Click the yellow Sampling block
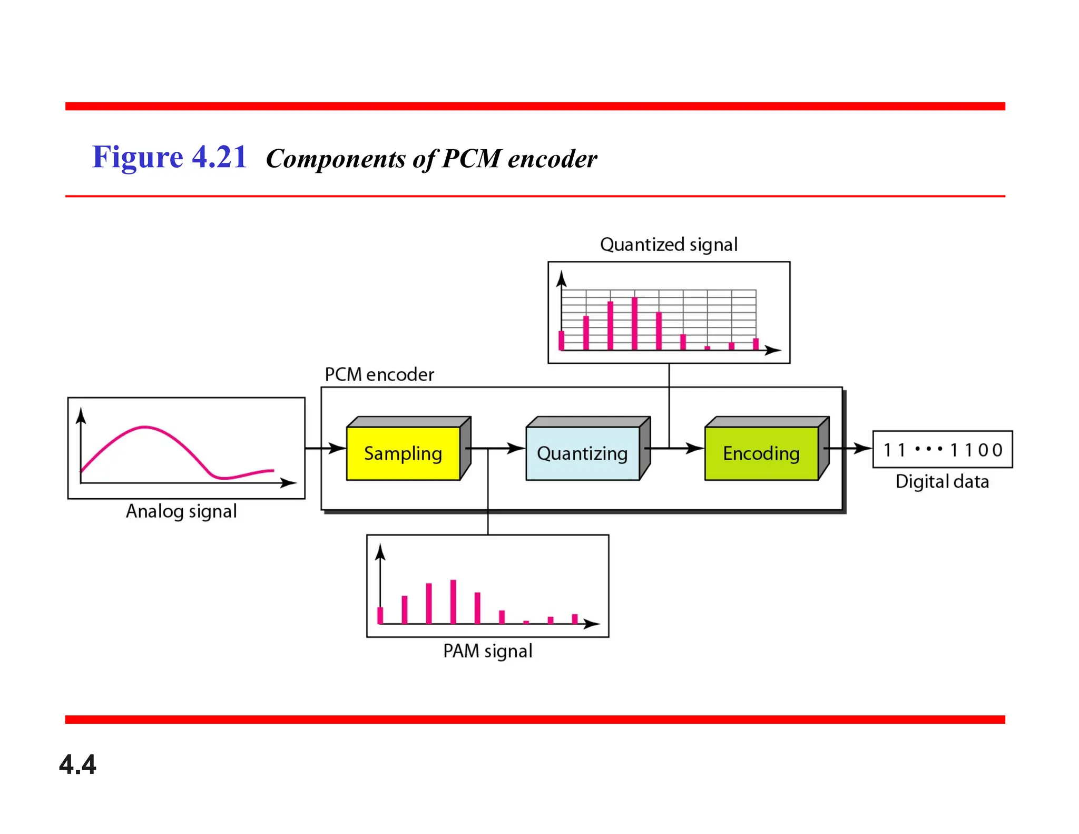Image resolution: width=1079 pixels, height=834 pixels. point(403,453)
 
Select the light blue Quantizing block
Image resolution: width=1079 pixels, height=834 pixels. point(582,453)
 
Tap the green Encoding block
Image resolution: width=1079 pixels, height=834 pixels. point(761,453)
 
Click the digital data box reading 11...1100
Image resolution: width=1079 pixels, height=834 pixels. point(943,450)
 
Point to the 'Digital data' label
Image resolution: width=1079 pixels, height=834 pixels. point(942,482)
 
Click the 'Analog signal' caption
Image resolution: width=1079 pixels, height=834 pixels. point(181,511)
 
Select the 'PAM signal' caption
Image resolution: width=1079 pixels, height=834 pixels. point(487,651)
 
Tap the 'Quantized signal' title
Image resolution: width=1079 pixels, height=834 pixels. point(669,245)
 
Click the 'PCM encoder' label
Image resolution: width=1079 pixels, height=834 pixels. point(379,375)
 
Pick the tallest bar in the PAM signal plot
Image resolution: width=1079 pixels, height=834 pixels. point(453,602)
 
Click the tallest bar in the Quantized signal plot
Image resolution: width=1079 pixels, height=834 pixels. point(634,323)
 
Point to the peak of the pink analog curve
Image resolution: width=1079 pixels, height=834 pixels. point(145,427)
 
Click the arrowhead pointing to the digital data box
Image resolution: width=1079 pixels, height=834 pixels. point(864,449)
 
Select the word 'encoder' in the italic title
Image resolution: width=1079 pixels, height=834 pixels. point(552,159)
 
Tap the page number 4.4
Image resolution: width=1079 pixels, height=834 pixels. point(77,764)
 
